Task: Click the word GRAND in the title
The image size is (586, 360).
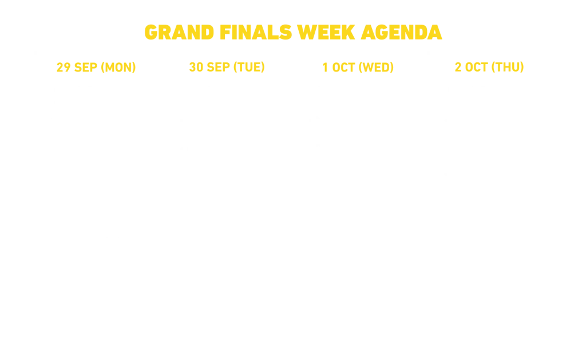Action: click(179, 33)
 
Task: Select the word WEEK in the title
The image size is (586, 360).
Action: click(326, 33)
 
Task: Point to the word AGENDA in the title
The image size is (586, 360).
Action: click(401, 33)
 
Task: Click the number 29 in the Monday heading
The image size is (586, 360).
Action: click(64, 68)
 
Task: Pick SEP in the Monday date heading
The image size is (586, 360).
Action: click(86, 68)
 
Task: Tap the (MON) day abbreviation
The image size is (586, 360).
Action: click(118, 68)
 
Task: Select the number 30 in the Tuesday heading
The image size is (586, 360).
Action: click(196, 68)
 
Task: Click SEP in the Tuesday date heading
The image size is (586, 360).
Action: click(218, 68)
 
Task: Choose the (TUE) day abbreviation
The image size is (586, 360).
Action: click(249, 68)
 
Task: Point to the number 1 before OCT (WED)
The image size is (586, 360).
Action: click(325, 68)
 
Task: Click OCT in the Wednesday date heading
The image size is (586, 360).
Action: click(343, 68)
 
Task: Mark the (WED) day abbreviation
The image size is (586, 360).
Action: click(376, 68)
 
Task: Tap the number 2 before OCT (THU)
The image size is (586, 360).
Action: click(458, 68)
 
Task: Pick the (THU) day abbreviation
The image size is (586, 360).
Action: click(508, 68)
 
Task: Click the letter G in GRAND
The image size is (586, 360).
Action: click(151, 33)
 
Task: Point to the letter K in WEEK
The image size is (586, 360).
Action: click(348, 33)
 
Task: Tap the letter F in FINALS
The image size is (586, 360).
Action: click(225, 33)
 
